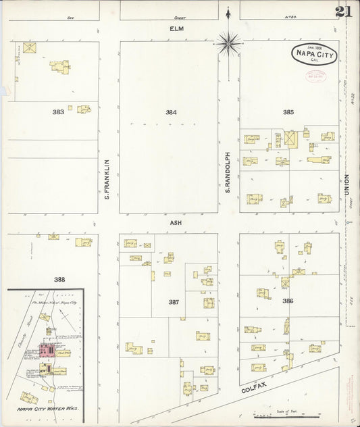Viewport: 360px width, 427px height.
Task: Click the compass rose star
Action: tap(229, 43)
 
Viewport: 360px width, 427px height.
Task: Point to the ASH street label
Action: tap(177, 222)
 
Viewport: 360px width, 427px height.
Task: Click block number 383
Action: tap(59, 112)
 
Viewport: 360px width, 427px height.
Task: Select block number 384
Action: tap(172, 112)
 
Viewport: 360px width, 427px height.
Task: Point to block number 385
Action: tap(288, 112)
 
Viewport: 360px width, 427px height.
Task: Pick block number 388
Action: tap(59, 278)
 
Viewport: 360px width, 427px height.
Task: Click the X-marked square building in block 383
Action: tap(29, 48)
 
